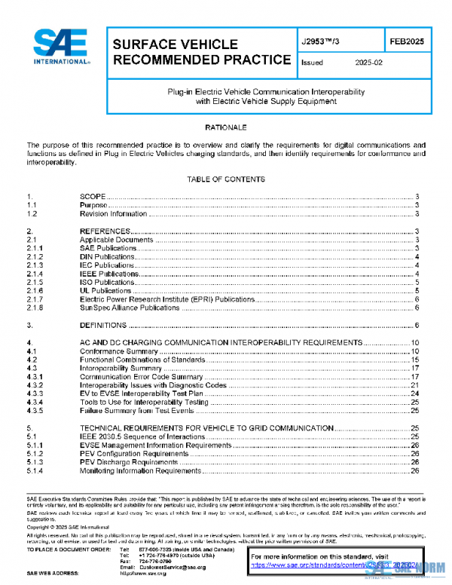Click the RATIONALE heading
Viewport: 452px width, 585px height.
[225, 127]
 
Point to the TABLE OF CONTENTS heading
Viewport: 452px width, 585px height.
[225, 179]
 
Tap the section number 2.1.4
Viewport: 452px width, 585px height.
[35, 274]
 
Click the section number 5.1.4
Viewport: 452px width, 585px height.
[35, 471]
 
